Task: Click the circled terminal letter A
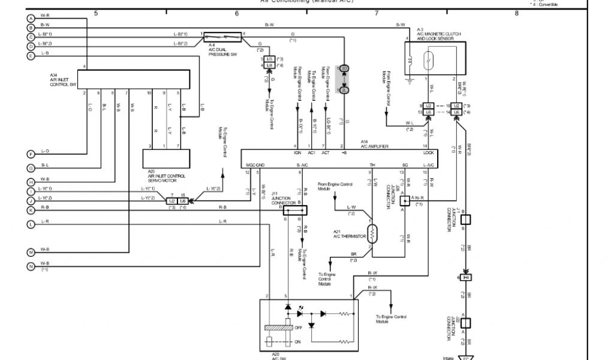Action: tap(31, 18)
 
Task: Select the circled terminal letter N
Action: tap(31, 266)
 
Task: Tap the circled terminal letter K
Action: tap(31, 211)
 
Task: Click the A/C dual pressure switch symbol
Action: tap(222, 38)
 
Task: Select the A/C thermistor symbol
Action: tap(371, 233)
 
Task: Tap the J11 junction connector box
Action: tap(294, 210)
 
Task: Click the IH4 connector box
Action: tap(465, 277)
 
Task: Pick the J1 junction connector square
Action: tap(465, 218)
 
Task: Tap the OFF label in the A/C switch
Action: tap(299, 328)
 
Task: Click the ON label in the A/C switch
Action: tap(298, 343)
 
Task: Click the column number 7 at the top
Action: tap(377, 13)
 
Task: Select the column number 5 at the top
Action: tap(96, 13)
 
